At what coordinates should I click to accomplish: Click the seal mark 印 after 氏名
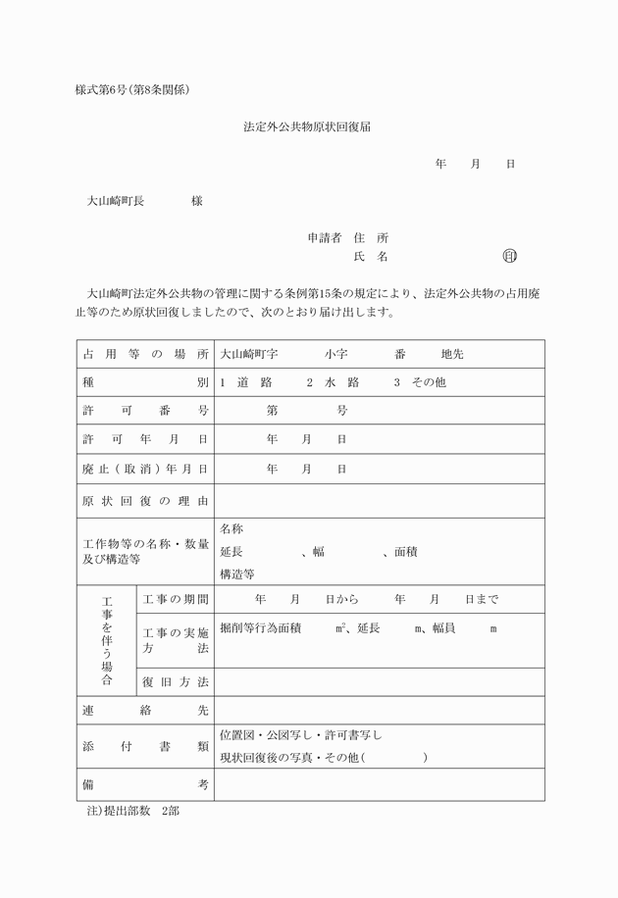tap(509, 256)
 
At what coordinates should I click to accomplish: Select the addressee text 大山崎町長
tap(115, 201)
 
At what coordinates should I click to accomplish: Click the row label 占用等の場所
tap(145, 354)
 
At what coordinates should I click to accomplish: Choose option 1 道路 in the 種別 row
tap(246, 382)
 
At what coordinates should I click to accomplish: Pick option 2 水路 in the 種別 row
tap(334, 382)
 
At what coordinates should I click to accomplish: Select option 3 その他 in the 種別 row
tap(419, 382)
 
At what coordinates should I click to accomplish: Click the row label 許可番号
tap(145, 411)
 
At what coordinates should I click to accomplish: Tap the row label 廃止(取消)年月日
tap(145, 469)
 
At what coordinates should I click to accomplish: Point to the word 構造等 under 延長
tap(237, 574)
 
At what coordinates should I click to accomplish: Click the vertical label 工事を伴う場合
tap(106, 639)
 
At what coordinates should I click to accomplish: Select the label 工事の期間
tap(176, 599)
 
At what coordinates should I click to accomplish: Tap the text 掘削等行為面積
tap(260, 627)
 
